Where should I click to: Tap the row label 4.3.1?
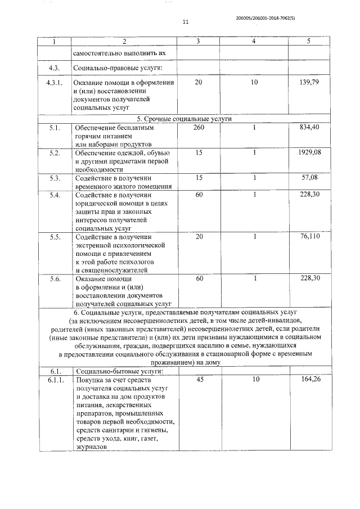tap(56, 83)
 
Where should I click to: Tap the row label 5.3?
tap(55, 178)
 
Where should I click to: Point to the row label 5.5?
tap(55, 237)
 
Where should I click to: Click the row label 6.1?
tap(55, 372)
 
